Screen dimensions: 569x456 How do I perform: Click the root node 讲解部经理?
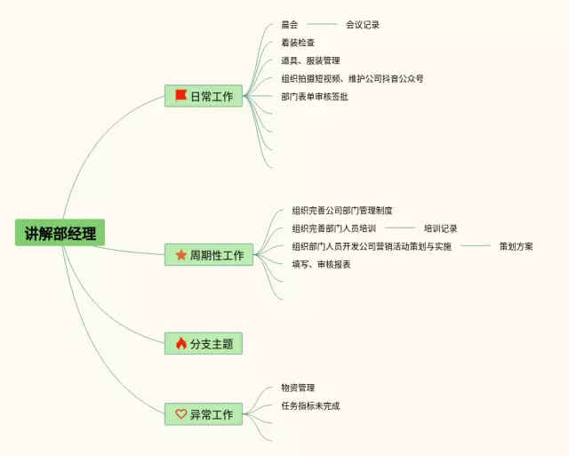point(60,233)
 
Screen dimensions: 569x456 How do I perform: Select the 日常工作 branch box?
point(204,96)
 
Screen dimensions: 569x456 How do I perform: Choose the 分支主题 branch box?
point(204,343)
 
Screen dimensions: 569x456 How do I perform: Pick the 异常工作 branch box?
point(204,414)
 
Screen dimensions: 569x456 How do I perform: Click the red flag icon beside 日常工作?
point(180,96)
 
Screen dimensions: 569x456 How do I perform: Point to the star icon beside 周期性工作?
point(180,255)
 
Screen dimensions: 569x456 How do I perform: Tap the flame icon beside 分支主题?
point(180,343)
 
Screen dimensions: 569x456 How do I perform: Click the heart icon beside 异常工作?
point(180,414)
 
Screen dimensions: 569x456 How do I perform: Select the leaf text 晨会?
point(290,25)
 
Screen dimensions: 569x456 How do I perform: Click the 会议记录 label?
point(363,25)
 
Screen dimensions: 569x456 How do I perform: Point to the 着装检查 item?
point(298,43)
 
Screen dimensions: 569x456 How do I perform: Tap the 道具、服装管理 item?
point(310,60)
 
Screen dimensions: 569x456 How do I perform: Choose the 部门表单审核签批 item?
point(315,96)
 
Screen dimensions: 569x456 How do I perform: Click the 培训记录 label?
point(441,228)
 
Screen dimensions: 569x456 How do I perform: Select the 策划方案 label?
point(517,246)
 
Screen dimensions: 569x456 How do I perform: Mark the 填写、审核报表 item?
point(321,264)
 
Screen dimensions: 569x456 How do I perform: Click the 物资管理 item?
point(298,388)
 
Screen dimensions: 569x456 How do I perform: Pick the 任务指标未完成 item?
point(310,405)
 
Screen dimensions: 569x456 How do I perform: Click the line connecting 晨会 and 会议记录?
point(322,25)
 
